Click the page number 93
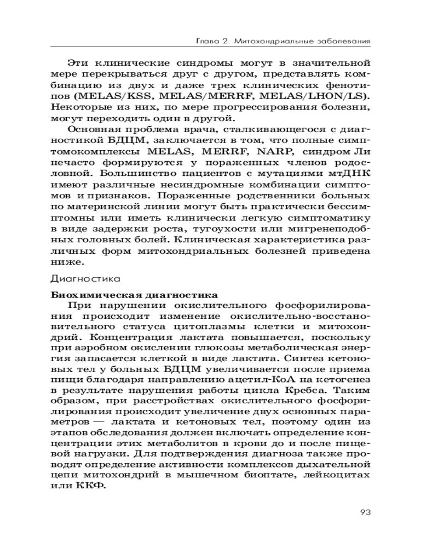tap(366, 512)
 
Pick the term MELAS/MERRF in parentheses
tap(214, 97)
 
